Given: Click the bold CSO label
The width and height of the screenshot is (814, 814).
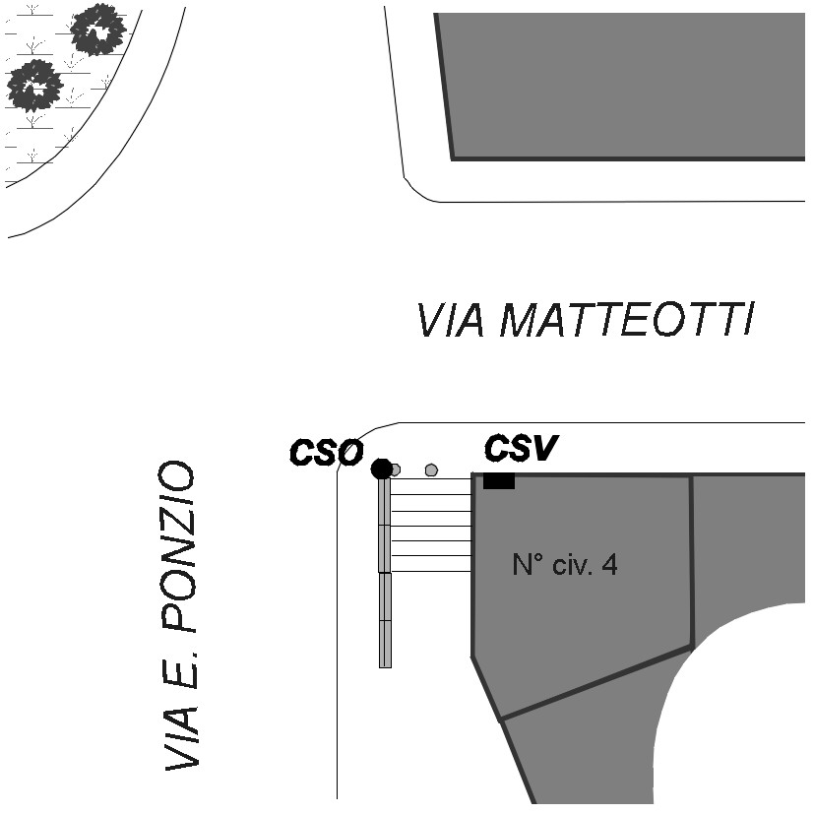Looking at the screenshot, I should click(x=326, y=453).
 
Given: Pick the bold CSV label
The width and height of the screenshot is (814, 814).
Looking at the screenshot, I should click(x=521, y=449).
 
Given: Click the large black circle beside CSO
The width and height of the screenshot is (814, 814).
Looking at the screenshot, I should click(x=381, y=469).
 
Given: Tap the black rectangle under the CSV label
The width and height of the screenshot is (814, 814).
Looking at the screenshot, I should click(x=499, y=480).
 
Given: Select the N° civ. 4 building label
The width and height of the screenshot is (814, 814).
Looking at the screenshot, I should click(x=565, y=565).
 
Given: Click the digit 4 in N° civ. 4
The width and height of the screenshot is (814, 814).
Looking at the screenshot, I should click(x=610, y=565).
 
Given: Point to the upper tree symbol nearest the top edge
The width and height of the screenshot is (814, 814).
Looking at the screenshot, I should click(x=99, y=30).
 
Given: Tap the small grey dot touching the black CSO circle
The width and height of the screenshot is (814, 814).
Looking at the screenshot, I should click(x=395, y=470).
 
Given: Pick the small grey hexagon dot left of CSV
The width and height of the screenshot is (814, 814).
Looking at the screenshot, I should click(x=430, y=470).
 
